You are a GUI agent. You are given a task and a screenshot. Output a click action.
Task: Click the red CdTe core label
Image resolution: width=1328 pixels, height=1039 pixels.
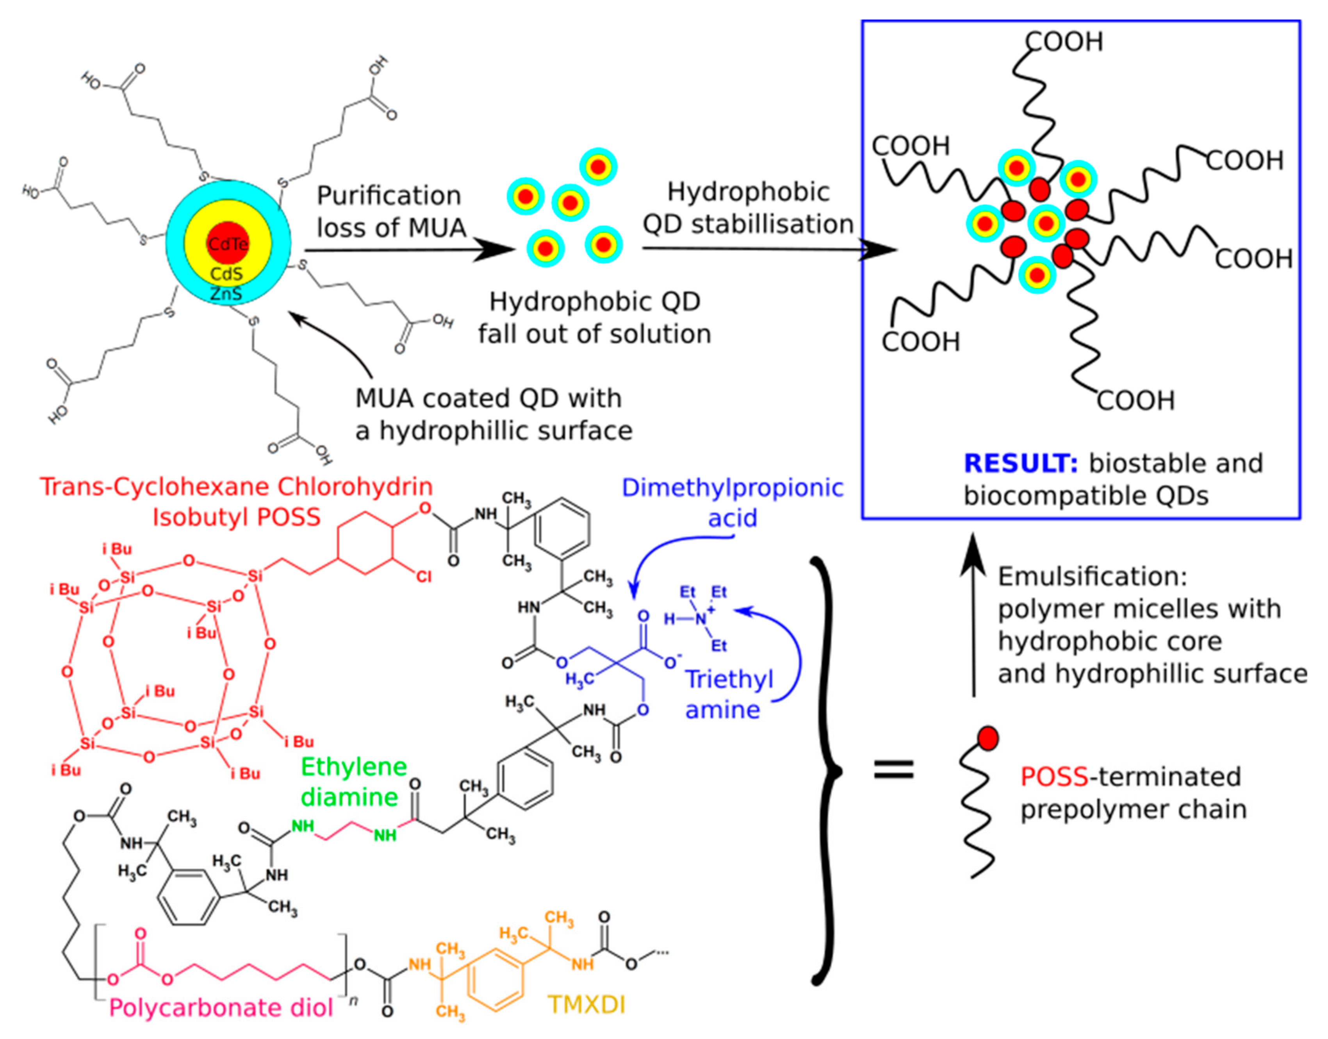coord(228,244)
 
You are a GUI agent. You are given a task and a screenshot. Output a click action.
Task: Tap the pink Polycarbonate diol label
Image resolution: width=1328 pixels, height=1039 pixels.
coord(221,1008)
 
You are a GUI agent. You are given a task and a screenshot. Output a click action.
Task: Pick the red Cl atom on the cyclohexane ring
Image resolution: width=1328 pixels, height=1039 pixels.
coord(424,575)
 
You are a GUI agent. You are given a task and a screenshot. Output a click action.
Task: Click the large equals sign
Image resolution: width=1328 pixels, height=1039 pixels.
coord(893,770)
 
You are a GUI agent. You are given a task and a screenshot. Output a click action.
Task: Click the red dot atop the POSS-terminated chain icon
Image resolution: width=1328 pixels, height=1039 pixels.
coord(988,738)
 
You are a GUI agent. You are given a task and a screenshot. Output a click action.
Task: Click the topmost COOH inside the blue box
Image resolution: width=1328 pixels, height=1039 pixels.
coord(1064,41)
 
